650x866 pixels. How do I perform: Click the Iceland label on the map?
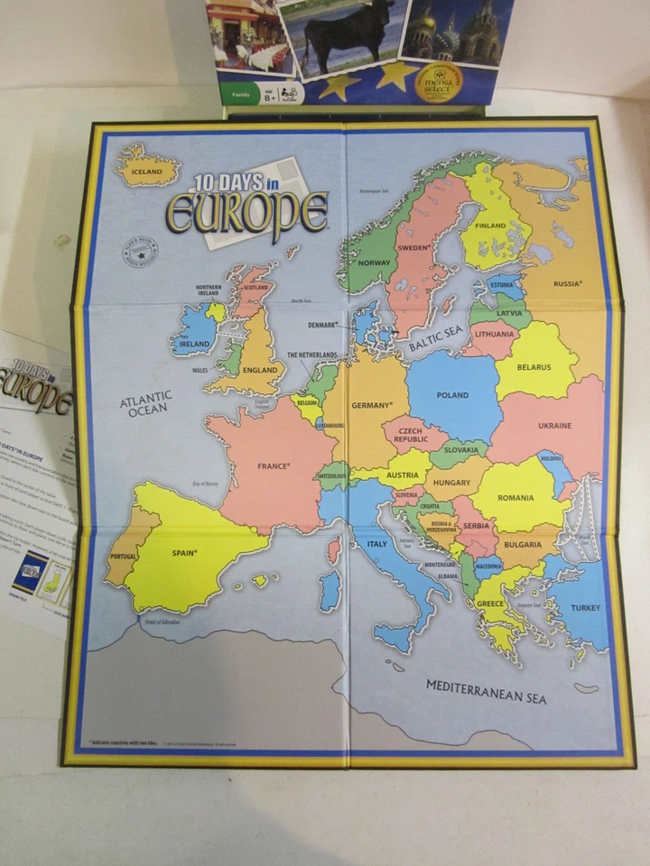[x=146, y=171]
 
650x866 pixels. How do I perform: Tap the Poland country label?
[x=452, y=395]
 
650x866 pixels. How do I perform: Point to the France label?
[x=274, y=466]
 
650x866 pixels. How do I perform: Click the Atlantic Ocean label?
[x=145, y=403]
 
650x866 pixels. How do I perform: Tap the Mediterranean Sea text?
[x=486, y=691]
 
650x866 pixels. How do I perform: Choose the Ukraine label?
[x=554, y=425]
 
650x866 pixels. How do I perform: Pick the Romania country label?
[x=515, y=497]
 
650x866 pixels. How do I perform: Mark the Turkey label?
[x=585, y=608]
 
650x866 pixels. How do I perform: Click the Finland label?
[x=490, y=226]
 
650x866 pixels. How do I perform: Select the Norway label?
[x=373, y=263]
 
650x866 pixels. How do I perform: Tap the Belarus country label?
[x=534, y=367]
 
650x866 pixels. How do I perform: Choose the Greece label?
[x=490, y=603]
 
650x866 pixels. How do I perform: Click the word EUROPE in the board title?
[x=246, y=212]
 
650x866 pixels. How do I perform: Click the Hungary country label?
[x=451, y=483]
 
